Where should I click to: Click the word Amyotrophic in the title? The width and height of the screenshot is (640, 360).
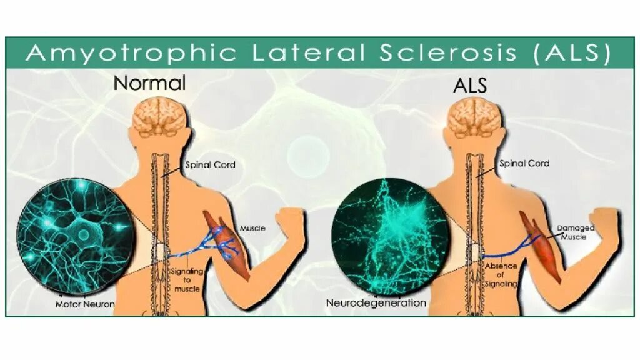click(131, 52)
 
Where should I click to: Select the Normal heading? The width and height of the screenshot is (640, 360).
click(150, 83)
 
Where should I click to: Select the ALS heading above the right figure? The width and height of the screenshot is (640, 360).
click(469, 85)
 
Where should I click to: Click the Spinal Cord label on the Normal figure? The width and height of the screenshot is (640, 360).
click(209, 165)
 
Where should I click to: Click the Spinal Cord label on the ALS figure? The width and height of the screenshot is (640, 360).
click(524, 164)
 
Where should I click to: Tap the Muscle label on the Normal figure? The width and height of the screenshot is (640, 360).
click(252, 228)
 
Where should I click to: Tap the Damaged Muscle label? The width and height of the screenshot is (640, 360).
click(575, 232)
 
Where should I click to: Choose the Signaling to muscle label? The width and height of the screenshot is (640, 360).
click(185, 281)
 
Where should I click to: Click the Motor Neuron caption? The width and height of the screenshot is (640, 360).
click(85, 304)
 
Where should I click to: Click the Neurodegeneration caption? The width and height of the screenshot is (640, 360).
click(376, 303)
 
